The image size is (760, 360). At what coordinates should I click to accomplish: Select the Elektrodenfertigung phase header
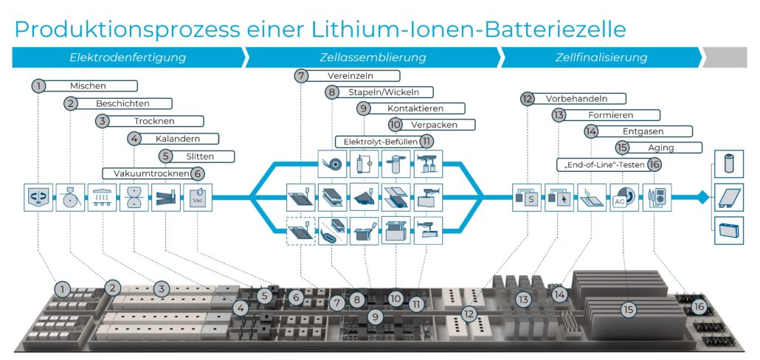(128, 57)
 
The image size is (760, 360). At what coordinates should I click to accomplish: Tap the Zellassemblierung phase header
(373, 57)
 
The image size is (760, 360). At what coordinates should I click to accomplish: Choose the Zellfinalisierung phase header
(601, 57)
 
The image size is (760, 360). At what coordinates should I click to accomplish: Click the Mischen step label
(88, 86)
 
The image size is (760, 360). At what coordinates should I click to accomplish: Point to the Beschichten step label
(122, 103)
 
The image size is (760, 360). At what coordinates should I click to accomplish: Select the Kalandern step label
(178, 139)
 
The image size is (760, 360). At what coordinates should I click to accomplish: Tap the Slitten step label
(199, 156)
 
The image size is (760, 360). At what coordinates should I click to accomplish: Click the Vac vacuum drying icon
(197, 198)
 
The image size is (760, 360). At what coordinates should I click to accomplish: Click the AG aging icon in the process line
(622, 198)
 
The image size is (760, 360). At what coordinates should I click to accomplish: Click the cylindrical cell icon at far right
(730, 164)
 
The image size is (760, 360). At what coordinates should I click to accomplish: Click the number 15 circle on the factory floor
(628, 311)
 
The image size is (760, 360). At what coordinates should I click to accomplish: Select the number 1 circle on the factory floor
(64, 287)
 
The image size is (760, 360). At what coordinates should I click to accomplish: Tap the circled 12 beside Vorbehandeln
(526, 98)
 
